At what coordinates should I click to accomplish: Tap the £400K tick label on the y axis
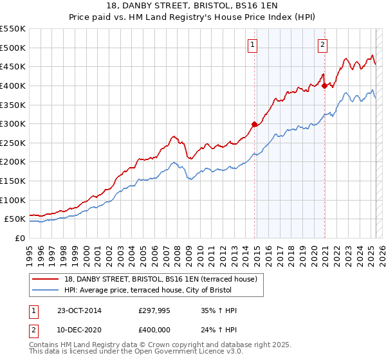[13, 85]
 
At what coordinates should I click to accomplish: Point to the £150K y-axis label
[13, 181]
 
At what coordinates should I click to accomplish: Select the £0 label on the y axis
[20, 239]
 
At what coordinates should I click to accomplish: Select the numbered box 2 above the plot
[322, 44]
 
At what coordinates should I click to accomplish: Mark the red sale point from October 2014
[255, 125]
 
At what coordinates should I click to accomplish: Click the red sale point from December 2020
[325, 85]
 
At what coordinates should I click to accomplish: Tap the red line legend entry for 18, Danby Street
[161, 278]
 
